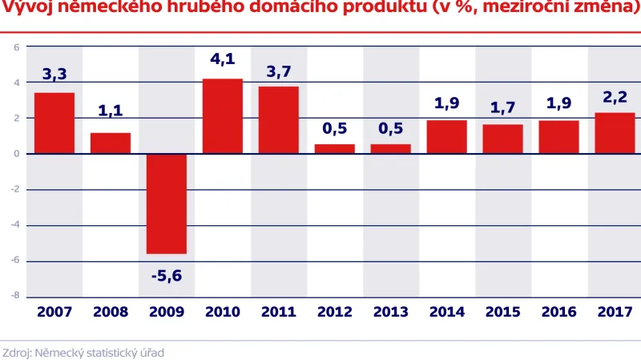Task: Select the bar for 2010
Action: click(223, 115)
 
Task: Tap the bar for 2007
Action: click(54, 123)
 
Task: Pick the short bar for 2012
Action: click(335, 148)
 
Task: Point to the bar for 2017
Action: click(615, 133)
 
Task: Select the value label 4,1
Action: click(223, 59)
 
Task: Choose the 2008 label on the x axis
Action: click(111, 312)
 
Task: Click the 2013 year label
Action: click(390, 312)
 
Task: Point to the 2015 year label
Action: click(502, 312)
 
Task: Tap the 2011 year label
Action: click(279, 312)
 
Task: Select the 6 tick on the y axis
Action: click(16, 47)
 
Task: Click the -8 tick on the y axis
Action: click(14, 297)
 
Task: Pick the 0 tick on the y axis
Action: click(16, 154)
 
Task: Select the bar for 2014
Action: click(446, 136)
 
